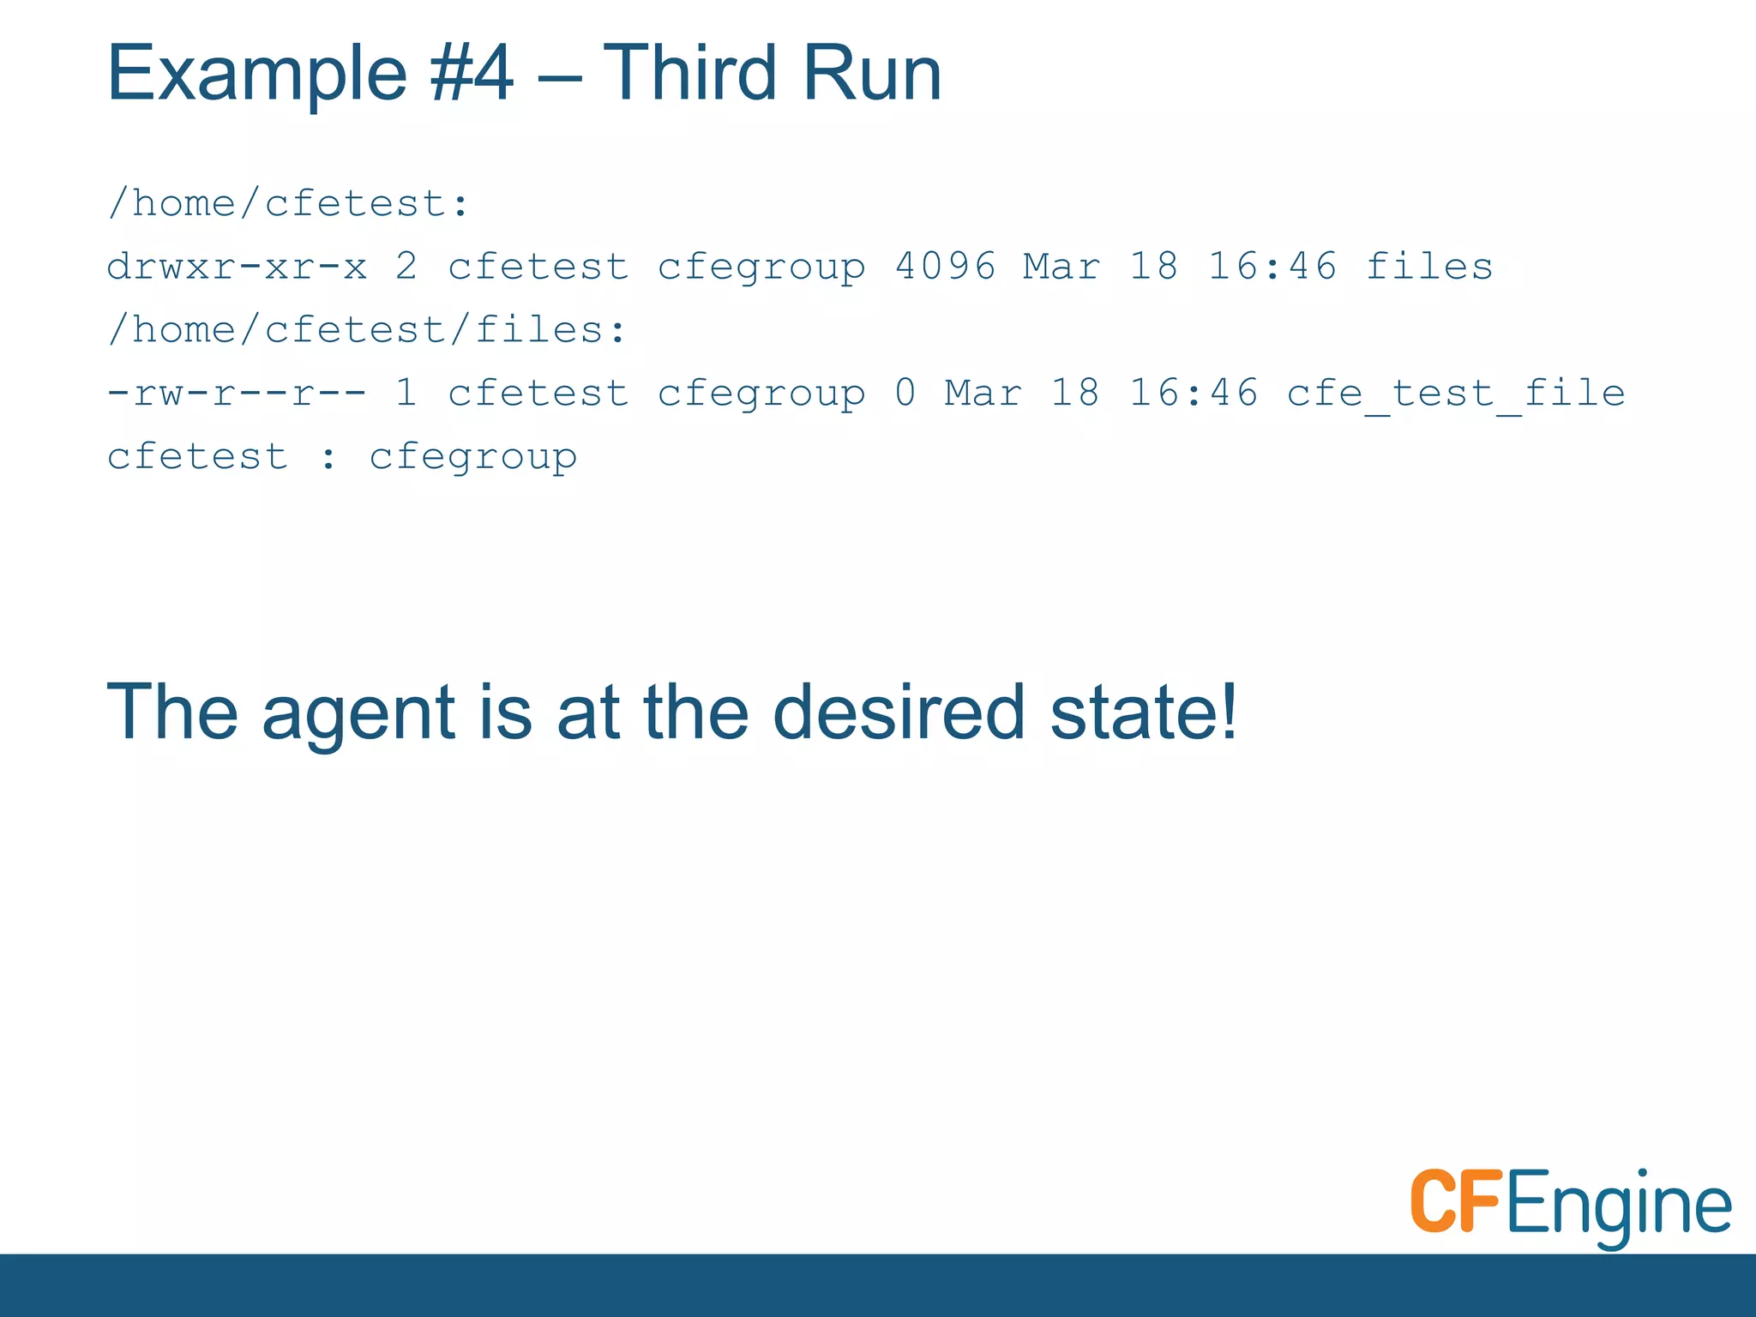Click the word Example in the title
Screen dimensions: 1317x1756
tap(256, 75)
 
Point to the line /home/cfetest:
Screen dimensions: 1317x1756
tap(289, 204)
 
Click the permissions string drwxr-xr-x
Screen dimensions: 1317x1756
tap(237, 267)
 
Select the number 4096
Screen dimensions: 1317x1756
tap(945, 267)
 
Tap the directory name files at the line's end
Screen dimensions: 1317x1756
tap(1428, 267)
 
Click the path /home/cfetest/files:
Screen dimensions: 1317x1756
tap(368, 330)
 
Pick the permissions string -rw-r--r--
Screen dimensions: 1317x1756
tap(237, 394)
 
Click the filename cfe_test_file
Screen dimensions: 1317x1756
tap(1455, 394)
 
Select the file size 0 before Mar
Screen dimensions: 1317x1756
tap(905, 394)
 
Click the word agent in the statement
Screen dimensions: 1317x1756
tap(358, 713)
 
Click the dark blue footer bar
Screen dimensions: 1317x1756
tap(878, 1285)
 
